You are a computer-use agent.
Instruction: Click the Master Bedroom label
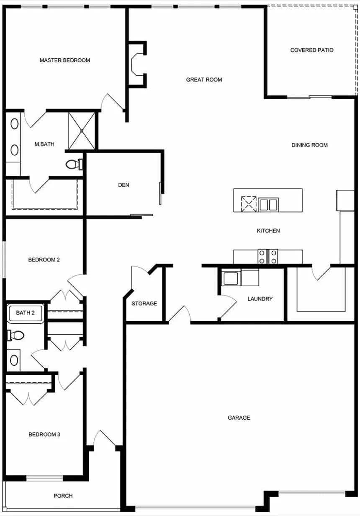(65, 60)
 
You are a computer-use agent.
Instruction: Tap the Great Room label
(204, 80)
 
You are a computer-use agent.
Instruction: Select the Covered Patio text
(312, 50)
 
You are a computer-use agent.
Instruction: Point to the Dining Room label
(310, 145)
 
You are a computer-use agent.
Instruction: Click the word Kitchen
(268, 231)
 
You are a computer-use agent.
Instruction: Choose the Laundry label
(260, 299)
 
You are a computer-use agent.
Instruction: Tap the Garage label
(239, 418)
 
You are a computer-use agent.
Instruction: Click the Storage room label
(144, 303)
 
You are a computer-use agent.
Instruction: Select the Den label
(124, 185)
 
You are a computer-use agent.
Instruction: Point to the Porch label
(63, 496)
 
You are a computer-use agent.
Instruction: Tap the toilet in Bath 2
(15, 335)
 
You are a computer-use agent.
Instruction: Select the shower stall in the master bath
(82, 130)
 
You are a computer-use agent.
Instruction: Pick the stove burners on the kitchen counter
(268, 256)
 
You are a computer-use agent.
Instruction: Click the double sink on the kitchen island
(268, 205)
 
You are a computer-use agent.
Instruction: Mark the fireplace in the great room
(137, 64)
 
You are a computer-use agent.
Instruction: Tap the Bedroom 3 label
(44, 434)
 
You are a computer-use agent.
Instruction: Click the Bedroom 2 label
(44, 260)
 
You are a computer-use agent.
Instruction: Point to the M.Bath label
(44, 144)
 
